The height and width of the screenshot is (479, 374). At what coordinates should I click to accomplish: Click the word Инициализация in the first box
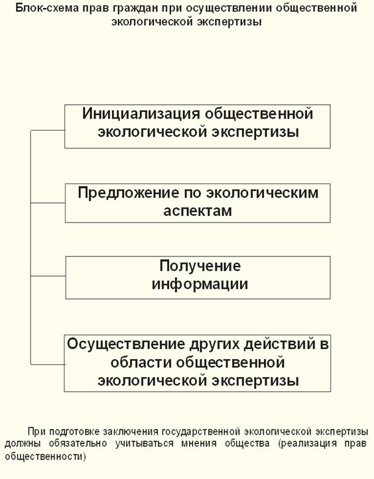tap(141, 114)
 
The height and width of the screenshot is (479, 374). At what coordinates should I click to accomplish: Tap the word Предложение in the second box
tap(129, 193)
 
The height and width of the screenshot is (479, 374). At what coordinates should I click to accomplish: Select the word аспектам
tap(198, 211)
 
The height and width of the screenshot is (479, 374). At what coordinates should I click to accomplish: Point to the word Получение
tap(200, 266)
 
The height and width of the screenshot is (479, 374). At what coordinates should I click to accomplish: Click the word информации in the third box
tap(200, 284)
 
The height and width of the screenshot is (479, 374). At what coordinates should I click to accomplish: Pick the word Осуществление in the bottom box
tap(126, 345)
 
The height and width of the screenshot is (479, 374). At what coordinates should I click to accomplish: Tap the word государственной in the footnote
tap(201, 432)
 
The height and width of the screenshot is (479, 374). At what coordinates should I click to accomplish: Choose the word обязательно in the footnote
tap(78, 444)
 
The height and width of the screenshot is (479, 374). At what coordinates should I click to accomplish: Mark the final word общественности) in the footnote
tap(46, 456)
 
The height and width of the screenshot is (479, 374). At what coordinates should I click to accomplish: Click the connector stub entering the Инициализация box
tap(48, 130)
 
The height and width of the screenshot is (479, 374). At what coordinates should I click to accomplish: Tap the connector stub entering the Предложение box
tap(48, 203)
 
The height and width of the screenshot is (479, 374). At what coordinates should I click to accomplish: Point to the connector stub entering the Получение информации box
tap(48, 276)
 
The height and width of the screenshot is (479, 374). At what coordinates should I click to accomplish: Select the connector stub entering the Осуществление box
tap(48, 364)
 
